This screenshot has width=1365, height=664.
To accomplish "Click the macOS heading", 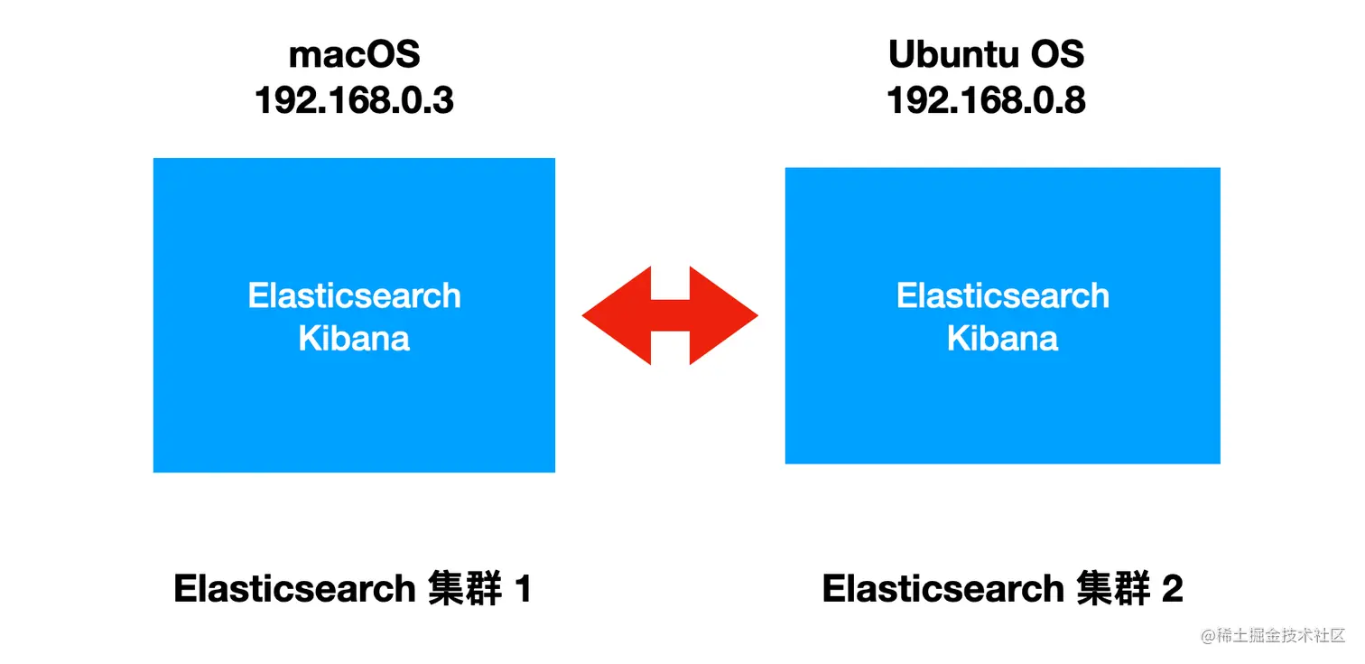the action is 354,55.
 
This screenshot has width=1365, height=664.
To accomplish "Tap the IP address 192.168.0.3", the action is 354,100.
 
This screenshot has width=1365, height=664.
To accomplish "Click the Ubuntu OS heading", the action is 986,55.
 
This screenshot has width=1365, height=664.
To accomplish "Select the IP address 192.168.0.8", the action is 986,100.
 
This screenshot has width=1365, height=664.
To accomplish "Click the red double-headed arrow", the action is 670,315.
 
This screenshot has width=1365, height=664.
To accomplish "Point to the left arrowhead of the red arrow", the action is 614,315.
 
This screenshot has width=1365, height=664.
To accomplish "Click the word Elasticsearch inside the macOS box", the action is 354,296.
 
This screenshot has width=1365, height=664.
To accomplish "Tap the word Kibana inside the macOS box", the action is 354,339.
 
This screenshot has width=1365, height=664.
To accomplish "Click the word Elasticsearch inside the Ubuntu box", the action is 1002,296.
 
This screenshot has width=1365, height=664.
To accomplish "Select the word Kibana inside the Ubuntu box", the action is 1002,339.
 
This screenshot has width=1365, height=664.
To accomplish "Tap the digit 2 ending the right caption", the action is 1172,590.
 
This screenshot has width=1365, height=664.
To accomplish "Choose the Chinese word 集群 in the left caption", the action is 463,590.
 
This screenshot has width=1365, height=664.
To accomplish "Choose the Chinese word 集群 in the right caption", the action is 1111,590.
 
